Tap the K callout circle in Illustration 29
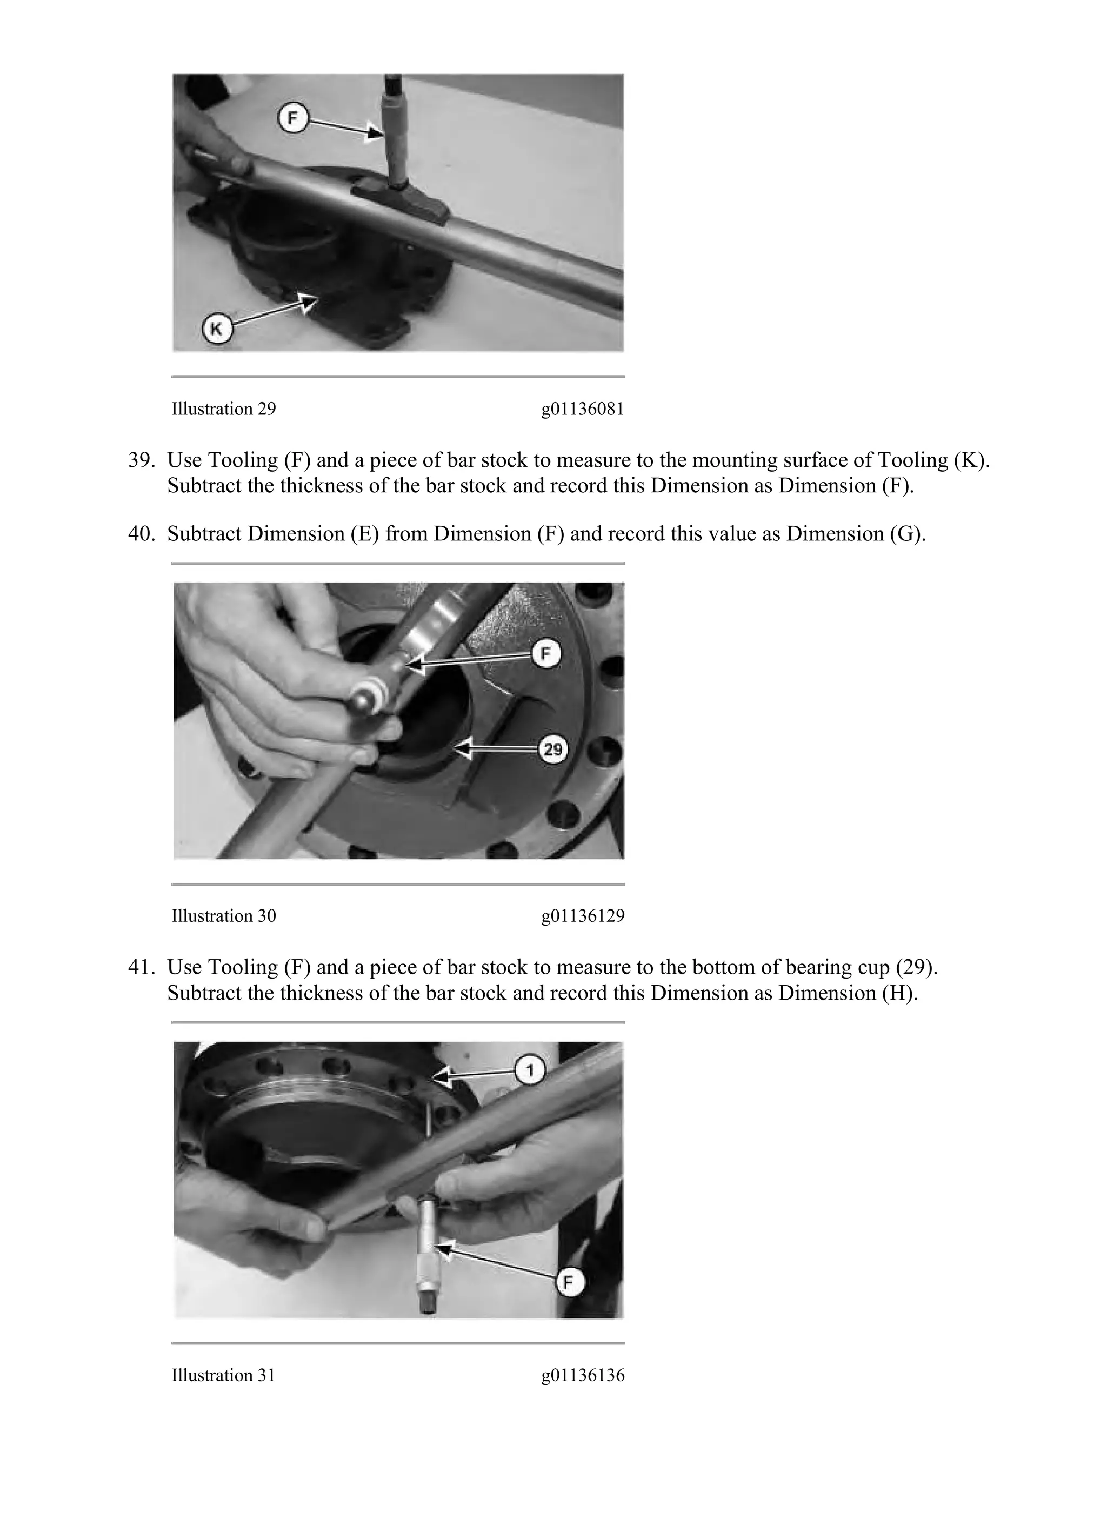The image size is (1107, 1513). pyautogui.click(x=216, y=330)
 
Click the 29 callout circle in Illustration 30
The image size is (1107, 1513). pyautogui.click(x=553, y=748)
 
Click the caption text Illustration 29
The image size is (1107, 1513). pyautogui.click(x=224, y=409)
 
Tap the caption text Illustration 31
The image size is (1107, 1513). pyautogui.click(x=224, y=1375)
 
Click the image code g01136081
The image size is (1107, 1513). pyautogui.click(x=582, y=409)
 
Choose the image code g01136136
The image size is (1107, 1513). pyautogui.click(x=582, y=1375)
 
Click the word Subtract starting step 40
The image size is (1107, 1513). pyautogui.click(x=204, y=534)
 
